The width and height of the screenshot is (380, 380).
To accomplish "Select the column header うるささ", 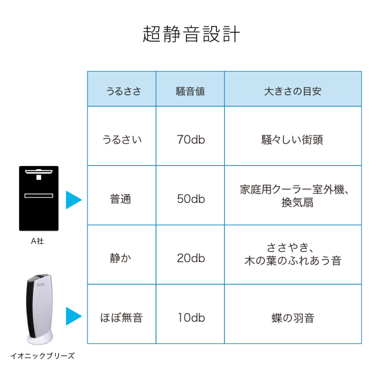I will pos(122,91).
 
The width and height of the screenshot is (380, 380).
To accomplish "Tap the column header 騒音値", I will pos(190,91).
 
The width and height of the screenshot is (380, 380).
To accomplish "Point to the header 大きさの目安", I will pos(292,91).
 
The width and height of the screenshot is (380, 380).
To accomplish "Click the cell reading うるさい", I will pos(122,139).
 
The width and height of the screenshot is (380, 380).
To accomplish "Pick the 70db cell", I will pos(190,139).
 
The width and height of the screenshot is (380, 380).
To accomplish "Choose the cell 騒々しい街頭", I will pos(292,139).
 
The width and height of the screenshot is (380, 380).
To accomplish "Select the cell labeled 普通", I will pos(122,199).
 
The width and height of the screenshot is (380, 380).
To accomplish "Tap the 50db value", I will pos(190,199).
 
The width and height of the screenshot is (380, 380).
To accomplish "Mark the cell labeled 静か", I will pos(122,258).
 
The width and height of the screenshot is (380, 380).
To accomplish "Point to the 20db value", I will pos(190,258).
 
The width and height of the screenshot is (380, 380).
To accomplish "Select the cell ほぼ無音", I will pos(122,317).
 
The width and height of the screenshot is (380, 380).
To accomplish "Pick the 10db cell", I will pos(190,317).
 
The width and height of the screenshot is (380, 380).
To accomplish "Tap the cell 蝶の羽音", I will pos(292,317).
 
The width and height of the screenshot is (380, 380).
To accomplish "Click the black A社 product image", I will pos(39,198).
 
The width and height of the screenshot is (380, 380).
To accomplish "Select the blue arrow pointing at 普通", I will pos(74,199).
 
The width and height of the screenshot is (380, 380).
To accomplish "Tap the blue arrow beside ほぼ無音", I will pos(74,316).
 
